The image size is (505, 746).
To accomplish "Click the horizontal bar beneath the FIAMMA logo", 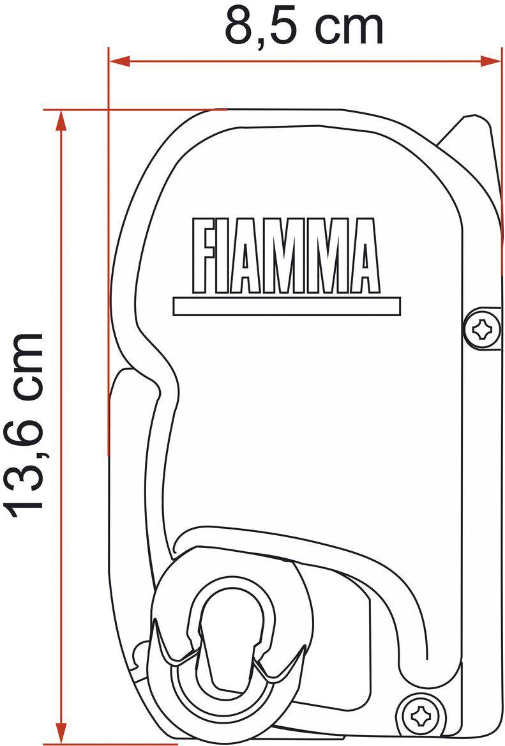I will [x=287, y=307].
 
